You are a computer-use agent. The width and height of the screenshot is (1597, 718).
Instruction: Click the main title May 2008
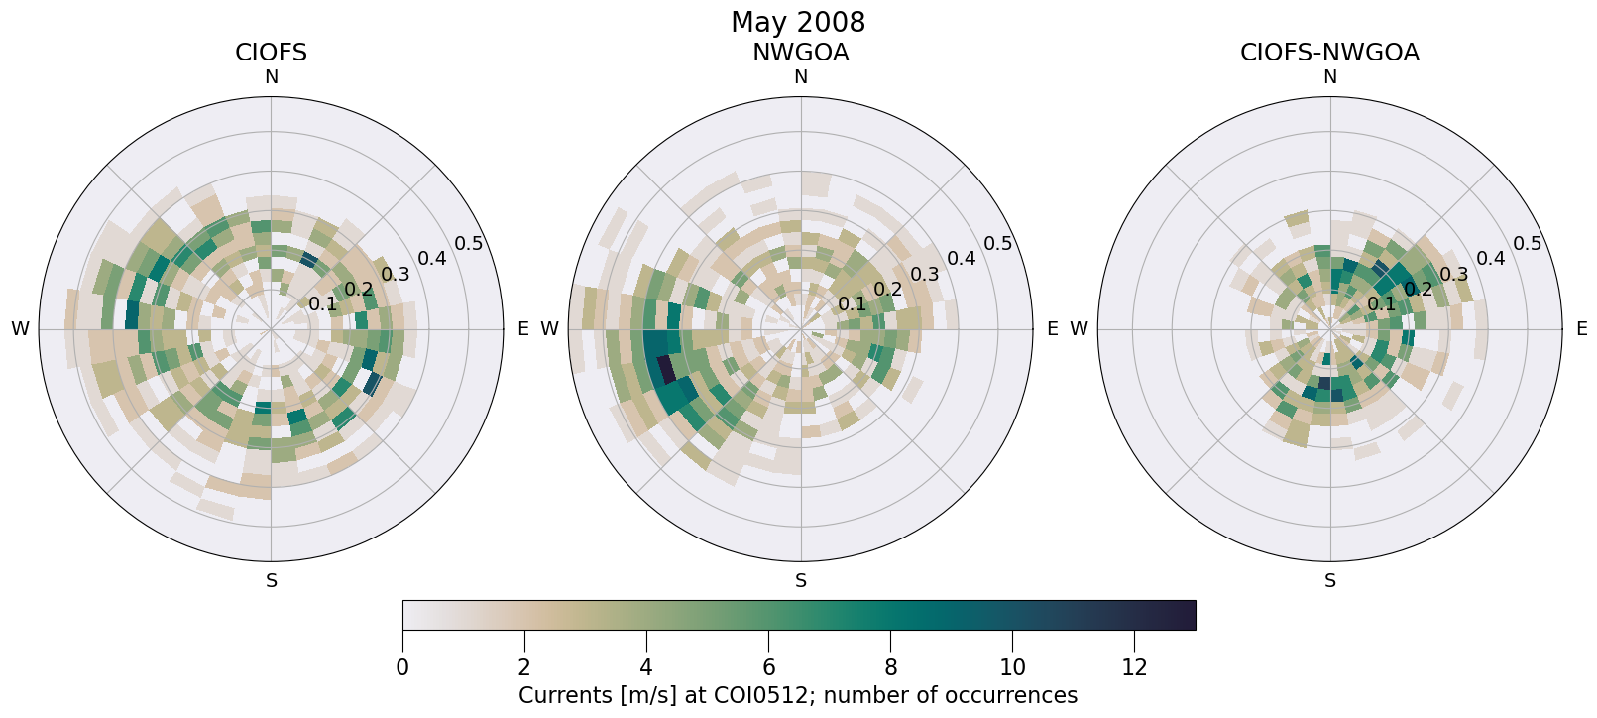pyautogui.click(x=798, y=22)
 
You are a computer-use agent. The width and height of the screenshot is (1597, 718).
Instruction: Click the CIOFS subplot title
pyautogui.click(x=271, y=53)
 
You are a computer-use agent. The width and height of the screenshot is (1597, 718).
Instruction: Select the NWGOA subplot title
pyautogui.click(x=800, y=53)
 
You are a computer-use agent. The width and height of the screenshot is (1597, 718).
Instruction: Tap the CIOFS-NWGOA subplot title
pyautogui.click(x=1329, y=53)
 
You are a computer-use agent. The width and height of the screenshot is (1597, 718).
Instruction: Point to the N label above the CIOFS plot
pyautogui.click(x=271, y=77)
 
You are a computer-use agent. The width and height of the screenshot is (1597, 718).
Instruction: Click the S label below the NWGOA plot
pyautogui.click(x=800, y=581)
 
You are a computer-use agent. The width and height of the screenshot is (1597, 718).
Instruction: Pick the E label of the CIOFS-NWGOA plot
pyautogui.click(x=1581, y=329)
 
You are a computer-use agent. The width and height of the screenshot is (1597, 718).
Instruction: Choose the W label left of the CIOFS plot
pyautogui.click(x=20, y=329)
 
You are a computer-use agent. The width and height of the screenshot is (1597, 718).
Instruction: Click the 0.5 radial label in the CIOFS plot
pyautogui.click(x=468, y=244)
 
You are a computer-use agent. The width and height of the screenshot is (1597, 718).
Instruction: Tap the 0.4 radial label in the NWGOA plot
pyautogui.click(x=961, y=259)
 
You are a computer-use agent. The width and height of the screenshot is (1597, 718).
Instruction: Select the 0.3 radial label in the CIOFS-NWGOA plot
pyautogui.click(x=1453, y=274)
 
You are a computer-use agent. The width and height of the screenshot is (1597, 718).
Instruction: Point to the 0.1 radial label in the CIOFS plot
pyautogui.click(x=322, y=303)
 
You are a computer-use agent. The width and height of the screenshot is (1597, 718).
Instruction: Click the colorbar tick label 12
pyautogui.click(x=1134, y=668)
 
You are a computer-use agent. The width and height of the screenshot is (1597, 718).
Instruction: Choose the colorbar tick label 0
pyautogui.click(x=402, y=668)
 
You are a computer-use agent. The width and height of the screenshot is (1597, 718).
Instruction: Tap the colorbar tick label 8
pyautogui.click(x=890, y=668)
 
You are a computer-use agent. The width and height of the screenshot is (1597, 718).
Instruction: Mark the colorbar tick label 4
pyautogui.click(x=646, y=668)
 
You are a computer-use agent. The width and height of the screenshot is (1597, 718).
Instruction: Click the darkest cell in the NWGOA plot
pyautogui.click(x=666, y=370)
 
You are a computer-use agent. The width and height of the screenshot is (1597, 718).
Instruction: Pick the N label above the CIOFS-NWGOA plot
pyautogui.click(x=1329, y=77)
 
